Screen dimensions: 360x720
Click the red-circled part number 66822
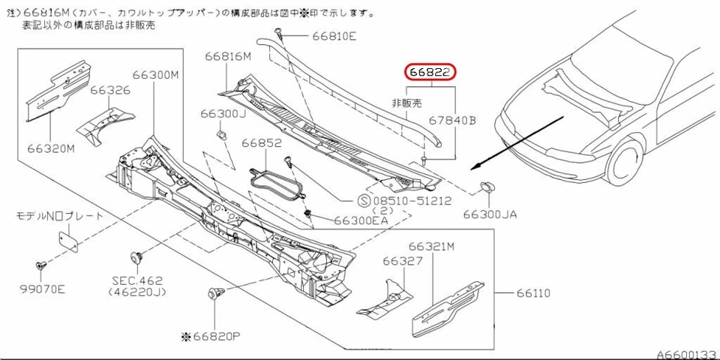[x=430, y=73]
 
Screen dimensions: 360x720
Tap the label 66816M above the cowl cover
[x=227, y=57]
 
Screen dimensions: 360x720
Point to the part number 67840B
[x=452, y=120]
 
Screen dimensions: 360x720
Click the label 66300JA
[x=490, y=214]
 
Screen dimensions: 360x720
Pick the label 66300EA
[x=361, y=220]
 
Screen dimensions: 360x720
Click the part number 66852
[x=261, y=142]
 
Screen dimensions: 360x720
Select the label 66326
[x=110, y=91]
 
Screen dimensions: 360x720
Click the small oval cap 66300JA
[x=487, y=185]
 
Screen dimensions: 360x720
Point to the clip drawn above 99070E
[x=40, y=265]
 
